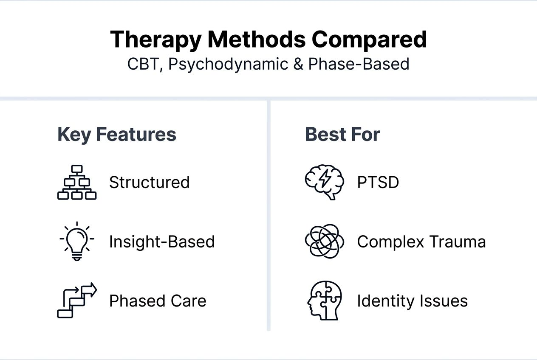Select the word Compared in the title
[x=369, y=39]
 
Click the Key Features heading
[x=117, y=135]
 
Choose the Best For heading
[x=342, y=135]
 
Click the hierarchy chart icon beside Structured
[x=77, y=182]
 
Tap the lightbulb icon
[x=77, y=241]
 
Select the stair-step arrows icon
[x=77, y=301]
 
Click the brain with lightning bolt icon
[x=324, y=182]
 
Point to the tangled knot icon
[x=324, y=241]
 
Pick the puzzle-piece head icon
[x=324, y=301]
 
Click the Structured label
[x=150, y=183]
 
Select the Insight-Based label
[x=162, y=242]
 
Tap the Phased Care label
[x=158, y=301]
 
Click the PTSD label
[x=378, y=183]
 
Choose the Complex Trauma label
[x=421, y=242]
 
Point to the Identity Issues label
[x=412, y=301]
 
